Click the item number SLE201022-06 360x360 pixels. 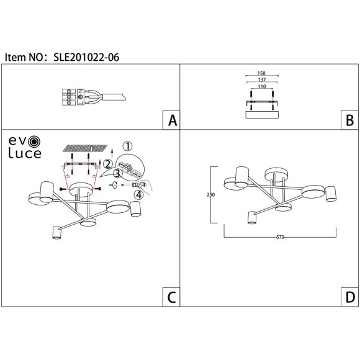point(88,56)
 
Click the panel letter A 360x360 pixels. point(171,120)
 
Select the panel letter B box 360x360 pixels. point(349,120)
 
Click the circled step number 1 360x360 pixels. point(127,147)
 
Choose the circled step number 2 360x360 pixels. point(108,164)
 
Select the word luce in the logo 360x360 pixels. point(24,153)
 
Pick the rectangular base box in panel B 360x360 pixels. point(261,114)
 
